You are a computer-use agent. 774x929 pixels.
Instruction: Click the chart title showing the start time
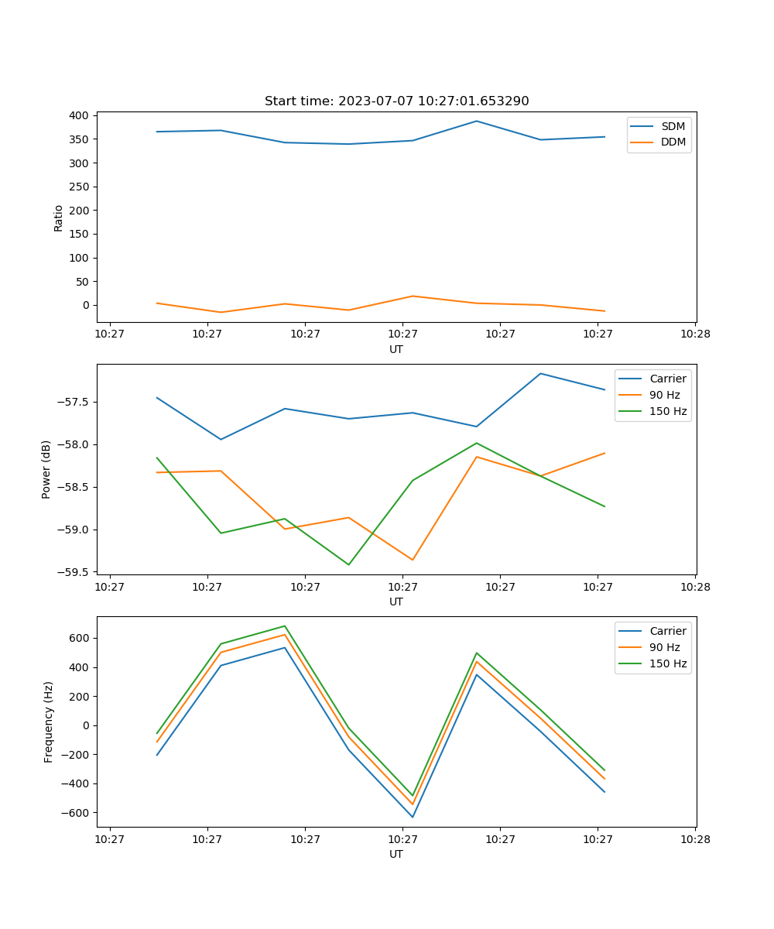click(396, 101)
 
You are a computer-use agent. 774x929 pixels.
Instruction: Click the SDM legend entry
click(673, 126)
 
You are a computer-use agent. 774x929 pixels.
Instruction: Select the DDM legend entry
click(673, 142)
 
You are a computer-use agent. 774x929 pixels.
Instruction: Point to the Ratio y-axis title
click(59, 218)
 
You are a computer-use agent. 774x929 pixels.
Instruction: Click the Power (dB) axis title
click(46, 469)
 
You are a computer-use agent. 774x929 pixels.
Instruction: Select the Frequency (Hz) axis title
click(48, 722)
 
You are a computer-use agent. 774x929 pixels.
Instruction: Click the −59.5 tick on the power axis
click(75, 572)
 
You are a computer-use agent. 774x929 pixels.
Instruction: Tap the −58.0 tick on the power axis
click(75, 444)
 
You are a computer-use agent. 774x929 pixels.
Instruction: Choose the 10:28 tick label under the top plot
click(695, 334)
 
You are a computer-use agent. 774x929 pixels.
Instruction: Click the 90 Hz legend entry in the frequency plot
click(665, 647)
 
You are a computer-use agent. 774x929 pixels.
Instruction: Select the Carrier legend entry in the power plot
click(667, 379)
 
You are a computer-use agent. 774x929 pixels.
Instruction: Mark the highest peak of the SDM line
click(477, 121)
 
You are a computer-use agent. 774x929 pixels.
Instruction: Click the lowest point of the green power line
click(348, 564)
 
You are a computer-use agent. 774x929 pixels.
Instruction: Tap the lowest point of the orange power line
click(413, 560)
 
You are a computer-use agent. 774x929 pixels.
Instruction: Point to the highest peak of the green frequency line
click(285, 626)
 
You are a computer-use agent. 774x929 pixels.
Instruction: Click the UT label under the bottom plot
click(396, 854)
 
